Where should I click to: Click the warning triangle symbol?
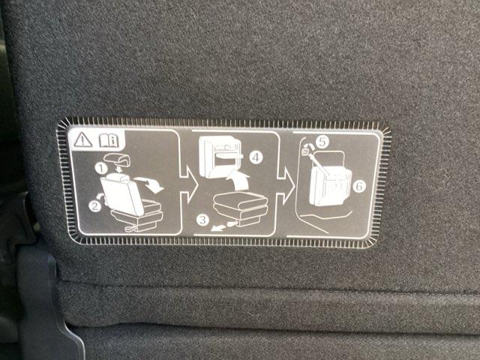82,140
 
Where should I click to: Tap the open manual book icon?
109,140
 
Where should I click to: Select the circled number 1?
100,168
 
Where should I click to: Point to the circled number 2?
95,206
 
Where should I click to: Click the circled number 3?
202,220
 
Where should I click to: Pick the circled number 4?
256,157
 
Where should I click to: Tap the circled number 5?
322,142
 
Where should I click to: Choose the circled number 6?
359,186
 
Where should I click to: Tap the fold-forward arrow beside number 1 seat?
150,184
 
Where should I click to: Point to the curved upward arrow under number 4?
238,181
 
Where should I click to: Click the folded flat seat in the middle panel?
241,208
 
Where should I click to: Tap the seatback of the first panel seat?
121,196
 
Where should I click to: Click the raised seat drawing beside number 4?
220,157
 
